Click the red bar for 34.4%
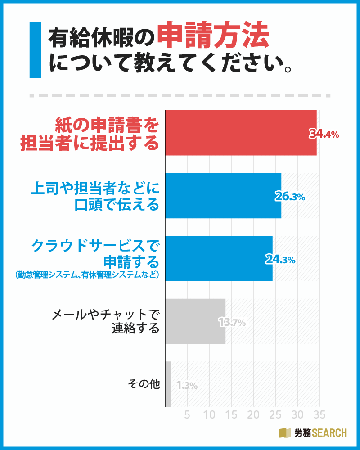tap(241, 133)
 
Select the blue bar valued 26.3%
tap(223, 196)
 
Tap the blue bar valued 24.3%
tap(219, 258)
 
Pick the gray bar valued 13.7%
tap(195, 321)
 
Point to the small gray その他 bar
tap(168, 384)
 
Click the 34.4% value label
tap(324, 134)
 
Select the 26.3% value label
tap(290, 197)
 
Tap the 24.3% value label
tap(280, 260)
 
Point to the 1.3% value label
tap(187, 385)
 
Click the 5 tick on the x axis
tap(188, 414)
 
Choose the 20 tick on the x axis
tap(254, 414)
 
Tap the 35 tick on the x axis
tap(319, 414)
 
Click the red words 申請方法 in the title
tap(213, 36)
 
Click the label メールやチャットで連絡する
tap(106, 321)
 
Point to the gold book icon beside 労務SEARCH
tap(285, 433)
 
